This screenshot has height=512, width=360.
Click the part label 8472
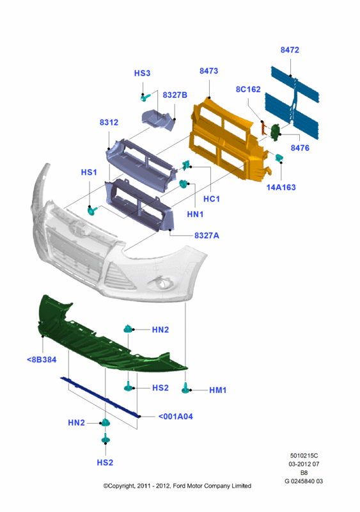click(x=290, y=50)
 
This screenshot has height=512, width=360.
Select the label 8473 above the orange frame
click(x=208, y=71)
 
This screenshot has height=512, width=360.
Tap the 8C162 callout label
click(x=248, y=90)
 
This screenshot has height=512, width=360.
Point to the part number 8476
click(x=300, y=148)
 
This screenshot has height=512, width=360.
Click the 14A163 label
click(x=281, y=188)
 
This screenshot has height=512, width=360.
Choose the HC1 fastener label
click(x=211, y=199)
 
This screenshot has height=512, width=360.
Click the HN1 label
click(x=195, y=214)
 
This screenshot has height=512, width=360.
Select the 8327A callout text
click(x=207, y=236)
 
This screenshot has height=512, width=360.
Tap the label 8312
click(x=109, y=122)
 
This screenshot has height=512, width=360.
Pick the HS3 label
click(x=143, y=73)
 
